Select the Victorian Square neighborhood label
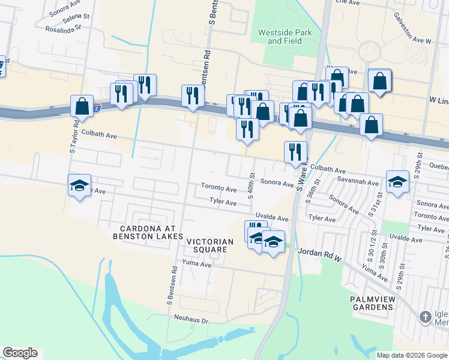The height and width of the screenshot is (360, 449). [206, 245]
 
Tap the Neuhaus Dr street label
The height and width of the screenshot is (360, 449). [190, 320]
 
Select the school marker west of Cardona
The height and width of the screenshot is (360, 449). [78, 186]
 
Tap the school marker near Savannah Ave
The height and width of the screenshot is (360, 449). [397, 181]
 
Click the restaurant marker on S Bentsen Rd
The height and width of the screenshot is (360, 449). [193, 95]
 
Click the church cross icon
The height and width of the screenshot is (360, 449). [425, 316]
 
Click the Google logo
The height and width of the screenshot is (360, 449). [20, 353]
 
